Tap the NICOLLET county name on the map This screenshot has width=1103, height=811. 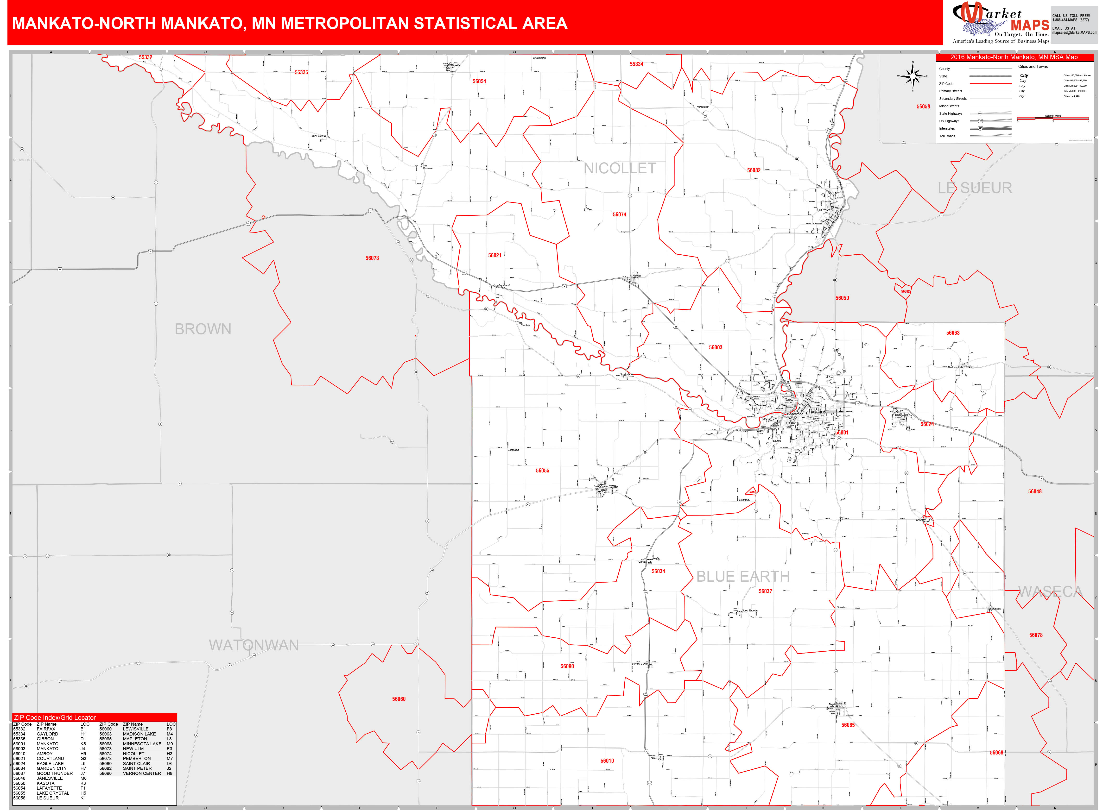pos(619,168)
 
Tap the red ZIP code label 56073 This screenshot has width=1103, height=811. pos(372,258)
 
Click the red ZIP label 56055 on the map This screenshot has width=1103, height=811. pos(542,471)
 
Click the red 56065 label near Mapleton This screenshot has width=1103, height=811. pos(848,725)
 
